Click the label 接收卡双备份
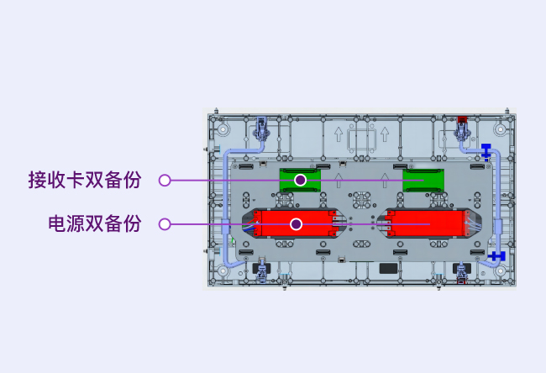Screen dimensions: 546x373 pyautogui.click(x=85, y=180)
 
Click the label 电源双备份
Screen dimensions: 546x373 pyautogui.click(x=94, y=223)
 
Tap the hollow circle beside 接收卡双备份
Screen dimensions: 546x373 pyautogui.click(x=165, y=180)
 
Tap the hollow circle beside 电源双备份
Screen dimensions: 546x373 pyautogui.click(x=165, y=224)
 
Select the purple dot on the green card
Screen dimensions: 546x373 pyautogui.click(x=300, y=180)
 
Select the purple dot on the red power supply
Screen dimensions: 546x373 pyautogui.click(x=296, y=224)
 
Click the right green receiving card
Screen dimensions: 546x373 pyautogui.click(x=423, y=181)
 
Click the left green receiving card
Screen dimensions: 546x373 pyautogui.click(x=300, y=181)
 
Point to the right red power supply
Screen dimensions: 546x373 pyautogui.click(x=428, y=223)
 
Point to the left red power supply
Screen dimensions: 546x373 pyautogui.click(x=296, y=223)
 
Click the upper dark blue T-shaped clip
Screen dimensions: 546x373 pyautogui.click(x=486, y=150)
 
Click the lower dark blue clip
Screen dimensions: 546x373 pyautogui.click(x=497, y=256)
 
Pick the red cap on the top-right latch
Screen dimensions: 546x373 pyautogui.click(x=462, y=119)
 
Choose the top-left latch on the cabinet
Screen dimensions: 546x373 pyautogui.click(x=261, y=129)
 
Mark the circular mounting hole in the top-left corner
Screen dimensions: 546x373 pyautogui.click(x=223, y=129)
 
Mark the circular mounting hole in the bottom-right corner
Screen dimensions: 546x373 pyautogui.click(x=501, y=271)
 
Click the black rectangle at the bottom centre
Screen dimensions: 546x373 pyautogui.click(x=388, y=268)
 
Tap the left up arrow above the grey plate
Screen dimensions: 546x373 pyautogui.click(x=339, y=134)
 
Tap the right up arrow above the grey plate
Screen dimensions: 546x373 pyautogui.click(x=385, y=134)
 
